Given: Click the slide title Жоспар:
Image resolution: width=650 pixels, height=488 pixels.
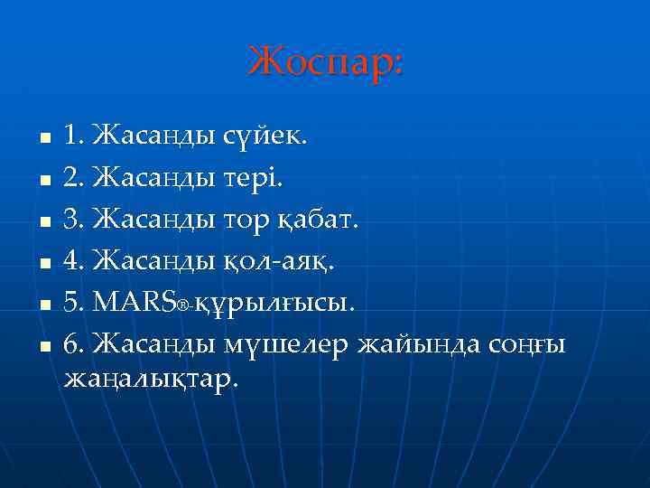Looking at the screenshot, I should tap(327, 61).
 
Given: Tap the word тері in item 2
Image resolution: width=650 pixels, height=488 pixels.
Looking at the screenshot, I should tap(255, 178).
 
